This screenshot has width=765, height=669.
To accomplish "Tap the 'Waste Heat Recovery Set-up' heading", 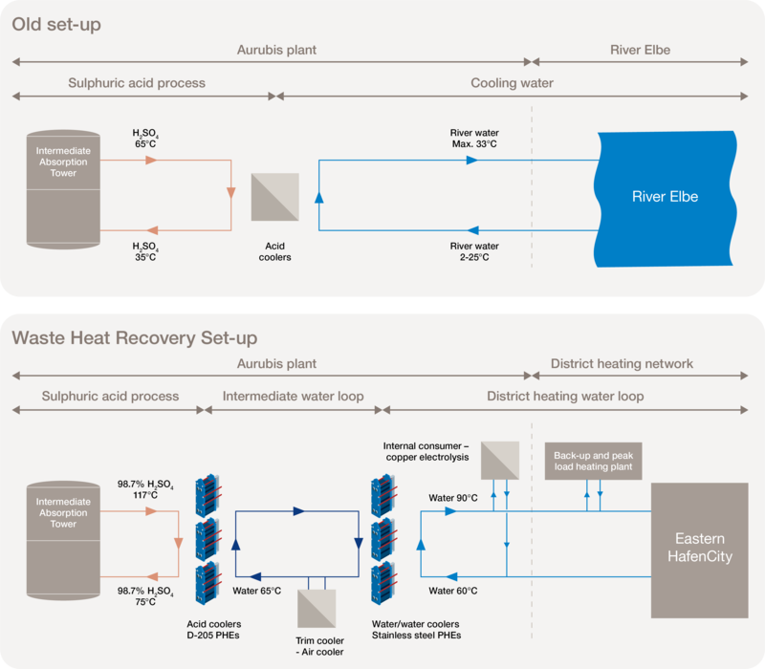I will point(134,338).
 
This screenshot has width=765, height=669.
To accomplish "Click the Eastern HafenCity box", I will point(698,549).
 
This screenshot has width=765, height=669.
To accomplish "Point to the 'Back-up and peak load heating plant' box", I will point(593,462).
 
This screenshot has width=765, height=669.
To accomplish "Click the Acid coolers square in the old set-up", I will point(274,198).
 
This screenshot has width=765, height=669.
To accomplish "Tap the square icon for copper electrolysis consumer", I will point(500,460).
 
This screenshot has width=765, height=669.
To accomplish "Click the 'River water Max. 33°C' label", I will point(474,139).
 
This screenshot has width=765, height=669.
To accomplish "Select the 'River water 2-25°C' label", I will point(474,252).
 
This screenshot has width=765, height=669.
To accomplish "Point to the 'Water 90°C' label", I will point(453,498).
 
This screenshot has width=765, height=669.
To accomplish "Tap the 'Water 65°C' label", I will point(257,591).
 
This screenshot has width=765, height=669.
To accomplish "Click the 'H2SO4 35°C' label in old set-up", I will point(146,252).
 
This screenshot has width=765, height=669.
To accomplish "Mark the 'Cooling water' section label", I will point(512,84).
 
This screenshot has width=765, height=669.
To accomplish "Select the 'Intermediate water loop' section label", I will point(293,397).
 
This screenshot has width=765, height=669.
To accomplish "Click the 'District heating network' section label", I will point(622,364).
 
